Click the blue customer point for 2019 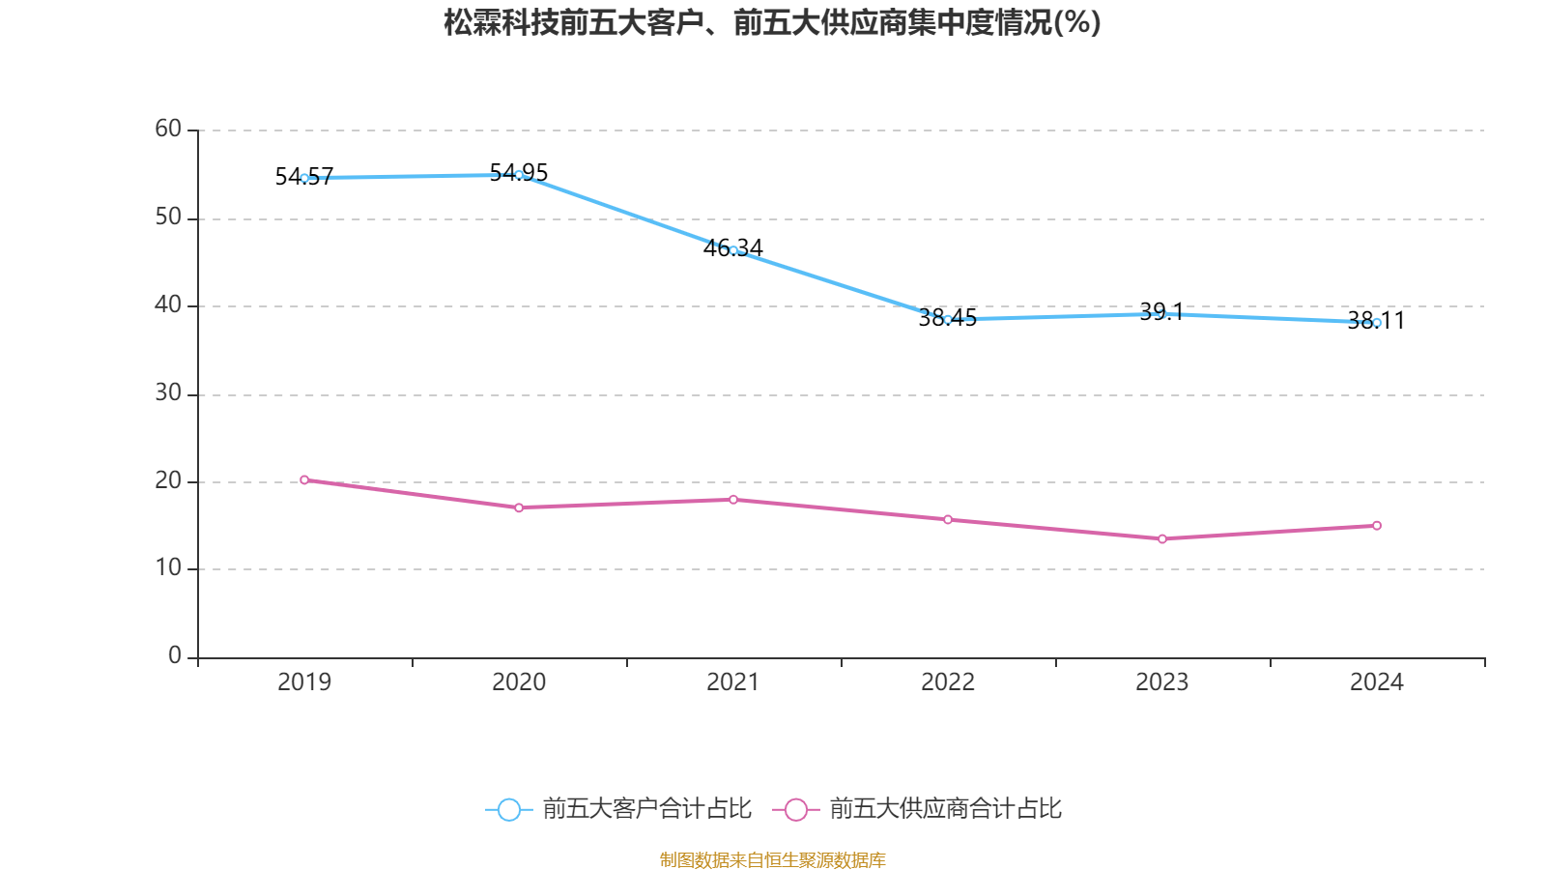304,178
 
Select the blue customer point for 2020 519,175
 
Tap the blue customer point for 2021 733,250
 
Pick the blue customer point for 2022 948,319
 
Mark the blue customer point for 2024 1377,323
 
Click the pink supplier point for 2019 304,479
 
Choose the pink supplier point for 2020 519,507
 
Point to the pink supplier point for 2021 733,500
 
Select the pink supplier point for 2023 1162,538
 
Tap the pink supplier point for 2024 1377,526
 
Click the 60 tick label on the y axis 168,129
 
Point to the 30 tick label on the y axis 168,392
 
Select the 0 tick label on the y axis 175,655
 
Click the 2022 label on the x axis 948,682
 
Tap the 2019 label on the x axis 304,682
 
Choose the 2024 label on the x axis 1377,682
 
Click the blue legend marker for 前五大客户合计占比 509,809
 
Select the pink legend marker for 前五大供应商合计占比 796,809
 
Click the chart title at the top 772,22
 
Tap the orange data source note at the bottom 772,859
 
